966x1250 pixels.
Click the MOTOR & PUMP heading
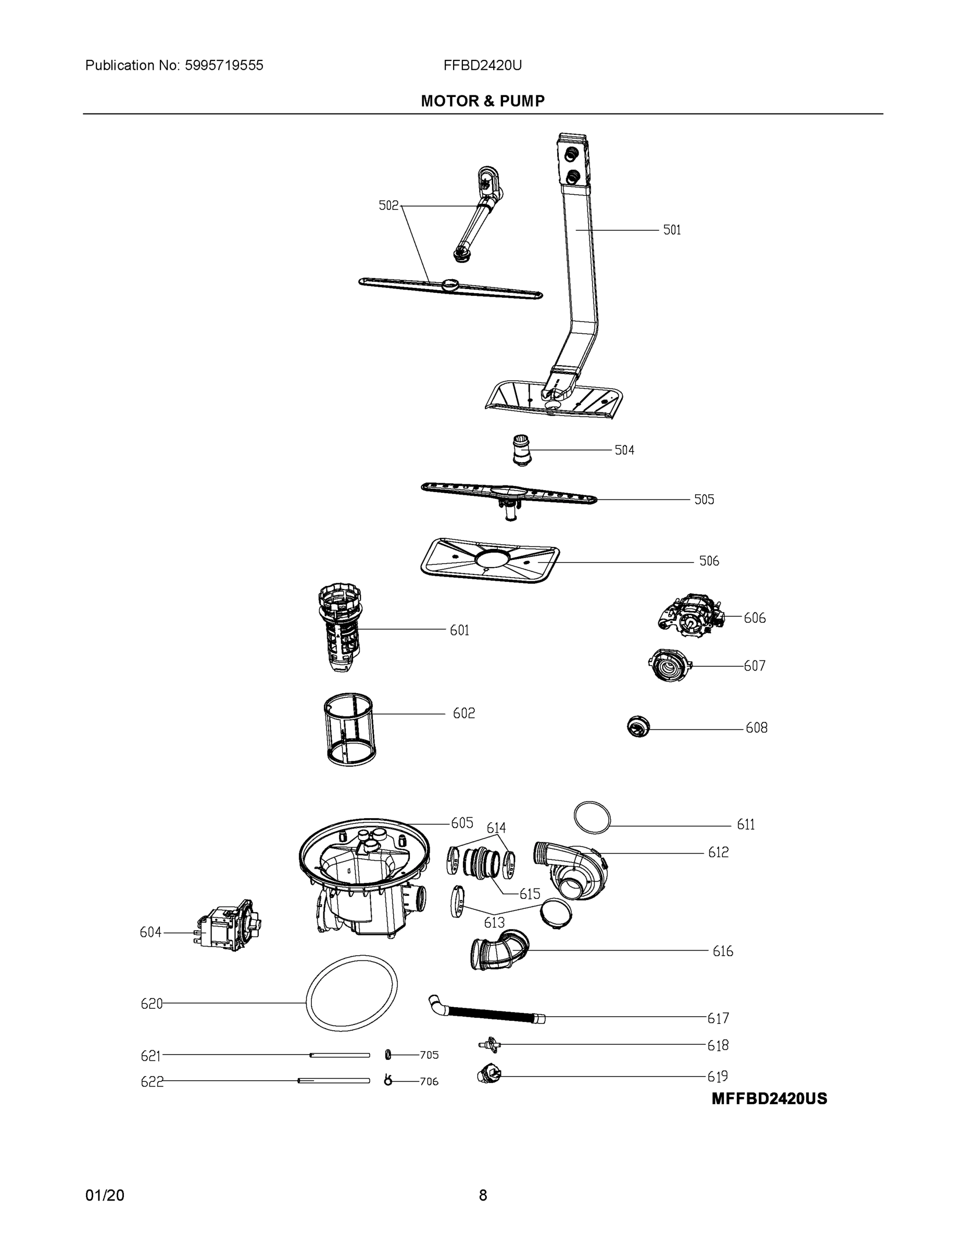[x=482, y=102]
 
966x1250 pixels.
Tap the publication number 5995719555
[x=224, y=65]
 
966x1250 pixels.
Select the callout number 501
[x=672, y=230]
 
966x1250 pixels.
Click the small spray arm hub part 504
[x=521, y=450]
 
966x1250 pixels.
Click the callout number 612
[x=718, y=852]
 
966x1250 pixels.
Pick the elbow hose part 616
[x=499, y=949]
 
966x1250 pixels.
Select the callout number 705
[x=429, y=1055]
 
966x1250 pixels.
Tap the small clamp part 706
[x=388, y=1081]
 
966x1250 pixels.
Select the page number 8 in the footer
[x=482, y=1195]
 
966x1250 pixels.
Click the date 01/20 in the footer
[x=105, y=1195]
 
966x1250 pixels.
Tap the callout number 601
[x=459, y=630]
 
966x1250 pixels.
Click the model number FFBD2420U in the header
[x=482, y=65]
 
